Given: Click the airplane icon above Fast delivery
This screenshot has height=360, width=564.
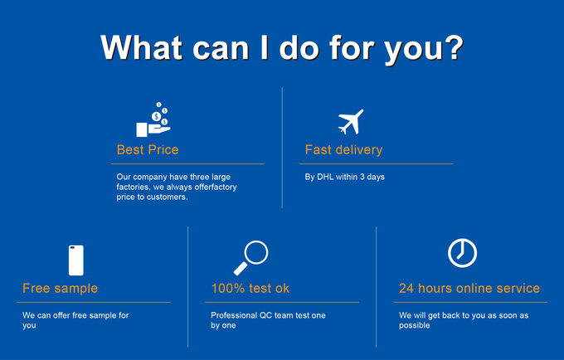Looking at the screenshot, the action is click(351, 122).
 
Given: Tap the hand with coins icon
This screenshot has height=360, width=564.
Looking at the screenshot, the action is click(153, 119).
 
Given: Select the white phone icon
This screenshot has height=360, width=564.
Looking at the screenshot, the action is click(76, 260).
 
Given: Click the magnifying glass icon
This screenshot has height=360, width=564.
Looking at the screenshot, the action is click(251, 257).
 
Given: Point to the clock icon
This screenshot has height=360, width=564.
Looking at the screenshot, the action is click(462, 253).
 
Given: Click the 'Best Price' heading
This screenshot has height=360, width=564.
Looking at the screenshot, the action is click(148, 149).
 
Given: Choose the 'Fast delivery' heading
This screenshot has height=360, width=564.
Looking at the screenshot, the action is click(343, 149).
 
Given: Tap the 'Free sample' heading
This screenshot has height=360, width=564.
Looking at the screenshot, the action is click(60, 288).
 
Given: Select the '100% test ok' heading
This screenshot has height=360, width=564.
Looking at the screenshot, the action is click(250, 288).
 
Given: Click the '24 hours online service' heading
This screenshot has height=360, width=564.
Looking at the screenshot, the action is click(469, 288).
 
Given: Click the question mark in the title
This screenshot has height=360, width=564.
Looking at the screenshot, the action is click(453, 47).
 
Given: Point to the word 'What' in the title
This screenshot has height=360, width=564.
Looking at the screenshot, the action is click(141, 47).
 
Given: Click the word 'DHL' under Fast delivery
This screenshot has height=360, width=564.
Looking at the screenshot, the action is click(325, 177).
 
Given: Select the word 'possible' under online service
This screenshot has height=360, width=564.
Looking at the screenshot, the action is click(415, 325).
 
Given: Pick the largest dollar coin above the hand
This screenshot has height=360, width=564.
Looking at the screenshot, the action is click(156, 116).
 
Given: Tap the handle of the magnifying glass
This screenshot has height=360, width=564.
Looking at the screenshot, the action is click(241, 269).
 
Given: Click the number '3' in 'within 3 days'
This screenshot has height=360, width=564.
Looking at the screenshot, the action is click(362, 177).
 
